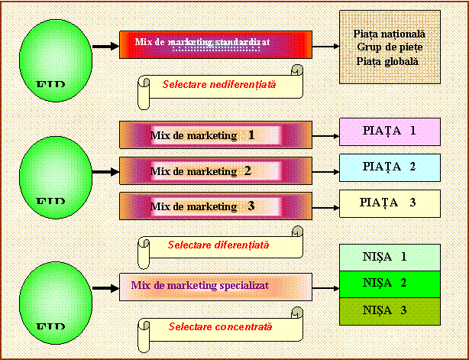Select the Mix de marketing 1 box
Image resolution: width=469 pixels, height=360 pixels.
pyautogui.click(x=215, y=135)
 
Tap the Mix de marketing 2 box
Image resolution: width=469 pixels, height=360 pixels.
pyautogui.click(x=215, y=170)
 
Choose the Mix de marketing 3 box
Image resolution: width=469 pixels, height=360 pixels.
pyautogui.click(x=215, y=206)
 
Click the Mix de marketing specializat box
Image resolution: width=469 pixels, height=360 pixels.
pyautogui.click(x=215, y=287)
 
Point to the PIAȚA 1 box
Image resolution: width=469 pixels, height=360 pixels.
pyautogui.click(x=390, y=131)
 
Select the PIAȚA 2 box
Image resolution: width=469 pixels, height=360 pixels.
pyautogui.click(x=390, y=167)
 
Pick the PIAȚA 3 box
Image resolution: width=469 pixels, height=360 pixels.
pyautogui.click(x=390, y=203)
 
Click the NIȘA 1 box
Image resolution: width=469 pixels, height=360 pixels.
pyautogui.click(x=390, y=258)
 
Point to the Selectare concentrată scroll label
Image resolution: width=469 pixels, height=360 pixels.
pyautogui.click(x=219, y=328)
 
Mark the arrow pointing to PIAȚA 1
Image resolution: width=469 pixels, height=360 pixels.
pyautogui.click(x=325, y=137)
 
